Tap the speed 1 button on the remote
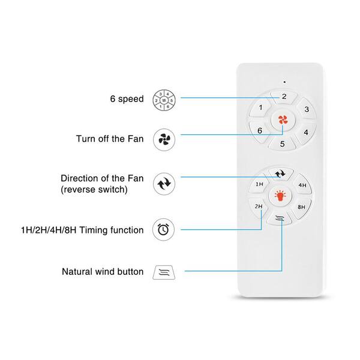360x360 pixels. pyautogui.click(x=260, y=109)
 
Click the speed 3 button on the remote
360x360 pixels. pyautogui.click(x=306, y=109)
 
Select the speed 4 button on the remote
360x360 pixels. pyautogui.click(x=305, y=132)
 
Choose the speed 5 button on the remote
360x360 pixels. pyautogui.click(x=283, y=143)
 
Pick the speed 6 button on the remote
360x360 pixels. pyautogui.click(x=260, y=130)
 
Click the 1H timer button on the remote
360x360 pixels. pyautogui.click(x=259, y=184)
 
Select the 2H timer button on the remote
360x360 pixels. pyautogui.click(x=259, y=206)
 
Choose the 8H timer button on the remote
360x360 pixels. pyautogui.click(x=302, y=207)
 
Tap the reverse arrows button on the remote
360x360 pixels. pyautogui.click(x=279, y=173)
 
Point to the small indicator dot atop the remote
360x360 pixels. pyautogui.click(x=284, y=81)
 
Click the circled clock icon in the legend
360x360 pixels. pyautogui.click(x=163, y=229)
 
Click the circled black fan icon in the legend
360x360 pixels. pyautogui.click(x=163, y=139)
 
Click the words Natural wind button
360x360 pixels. pyautogui.click(x=103, y=272)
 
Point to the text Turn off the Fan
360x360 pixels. pyautogui.click(x=110, y=139)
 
